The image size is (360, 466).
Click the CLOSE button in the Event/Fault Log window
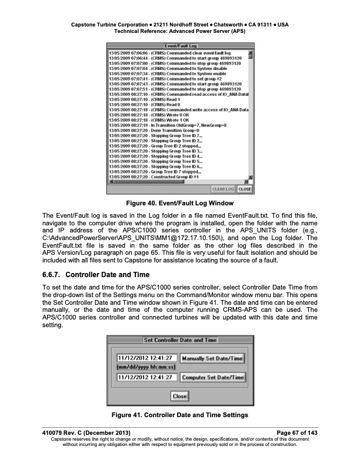click(x=245, y=189)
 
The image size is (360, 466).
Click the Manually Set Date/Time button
click(x=211, y=358)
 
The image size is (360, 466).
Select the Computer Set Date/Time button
click(x=211, y=378)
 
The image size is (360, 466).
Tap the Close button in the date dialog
click(x=179, y=397)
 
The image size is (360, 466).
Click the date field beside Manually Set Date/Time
click(x=145, y=358)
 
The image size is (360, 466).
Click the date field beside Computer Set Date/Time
click(x=145, y=378)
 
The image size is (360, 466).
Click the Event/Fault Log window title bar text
click(x=179, y=45)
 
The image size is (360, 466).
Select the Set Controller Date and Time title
click(x=180, y=340)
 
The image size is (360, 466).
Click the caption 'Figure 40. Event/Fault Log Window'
click(x=180, y=203)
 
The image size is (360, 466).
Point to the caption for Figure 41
click(x=180, y=417)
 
